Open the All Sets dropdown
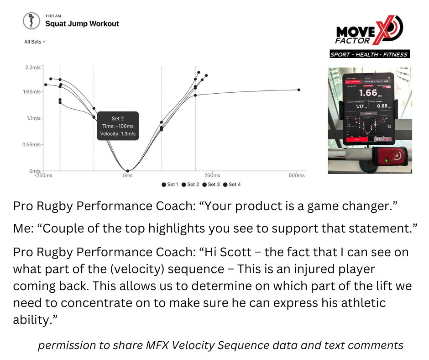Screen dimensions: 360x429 pos(35,42)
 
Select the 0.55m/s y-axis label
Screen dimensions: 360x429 pos(31,144)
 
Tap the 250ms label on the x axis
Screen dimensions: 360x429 pos(212,175)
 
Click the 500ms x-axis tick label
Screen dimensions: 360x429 pos(297,175)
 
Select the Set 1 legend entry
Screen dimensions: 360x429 pos(170,185)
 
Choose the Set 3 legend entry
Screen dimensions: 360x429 pos(211,185)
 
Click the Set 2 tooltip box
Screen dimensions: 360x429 pos(118,126)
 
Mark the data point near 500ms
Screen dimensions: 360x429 pos(299,90)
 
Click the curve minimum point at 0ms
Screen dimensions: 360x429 pos(128,171)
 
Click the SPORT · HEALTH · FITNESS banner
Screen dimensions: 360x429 pos(370,55)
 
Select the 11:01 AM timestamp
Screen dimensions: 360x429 pos(53,16)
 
